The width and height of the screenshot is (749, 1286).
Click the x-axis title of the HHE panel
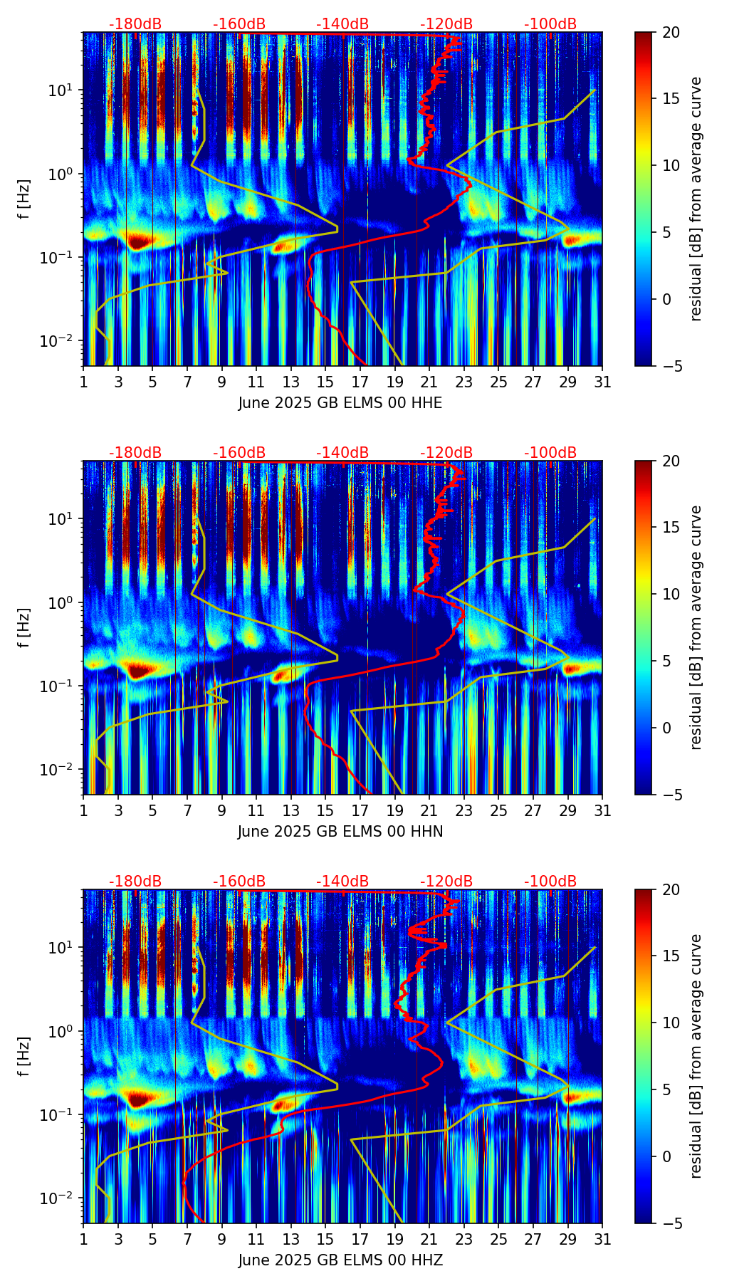(340, 403)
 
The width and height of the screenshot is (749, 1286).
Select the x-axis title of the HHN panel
(340, 832)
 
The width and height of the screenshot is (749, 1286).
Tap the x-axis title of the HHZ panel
(340, 1260)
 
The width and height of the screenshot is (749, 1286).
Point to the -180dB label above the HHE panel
(135, 24)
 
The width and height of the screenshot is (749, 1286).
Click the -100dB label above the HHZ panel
(550, 882)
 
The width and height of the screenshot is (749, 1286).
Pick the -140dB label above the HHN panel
(342, 453)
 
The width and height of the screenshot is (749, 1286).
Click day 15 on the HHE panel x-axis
(325, 382)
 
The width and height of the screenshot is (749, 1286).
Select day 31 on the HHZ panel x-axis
(602, 1239)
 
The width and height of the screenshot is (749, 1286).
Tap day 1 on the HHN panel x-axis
(83, 810)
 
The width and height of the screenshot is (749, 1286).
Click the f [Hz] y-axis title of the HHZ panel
(24, 1056)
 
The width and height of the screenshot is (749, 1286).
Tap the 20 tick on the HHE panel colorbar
(671, 33)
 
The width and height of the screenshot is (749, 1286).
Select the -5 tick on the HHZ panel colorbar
(671, 1223)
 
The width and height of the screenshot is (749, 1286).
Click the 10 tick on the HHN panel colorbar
(671, 594)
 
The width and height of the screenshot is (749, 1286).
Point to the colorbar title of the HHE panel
(696, 199)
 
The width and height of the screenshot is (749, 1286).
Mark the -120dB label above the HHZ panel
(446, 882)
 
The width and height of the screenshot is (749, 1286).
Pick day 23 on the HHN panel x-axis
(464, 810)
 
